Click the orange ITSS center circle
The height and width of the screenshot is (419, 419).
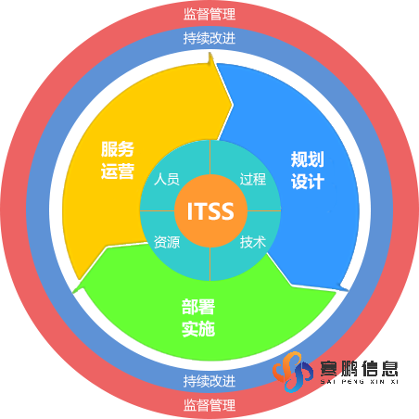click(210, 210)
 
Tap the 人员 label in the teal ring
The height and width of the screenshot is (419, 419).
click(167, 179)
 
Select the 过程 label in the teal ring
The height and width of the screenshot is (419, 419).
click(253, 179)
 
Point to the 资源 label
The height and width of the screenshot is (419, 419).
click(167, 242)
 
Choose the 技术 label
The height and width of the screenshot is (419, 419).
click(253, 242)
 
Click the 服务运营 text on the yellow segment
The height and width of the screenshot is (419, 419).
click(118, 160)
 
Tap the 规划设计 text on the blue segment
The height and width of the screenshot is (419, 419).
click(308, 171)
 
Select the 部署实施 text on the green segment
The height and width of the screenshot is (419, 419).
click(198, 318)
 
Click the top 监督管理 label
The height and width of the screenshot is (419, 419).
click(209, 14)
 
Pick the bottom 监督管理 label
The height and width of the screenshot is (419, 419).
click(209, 405)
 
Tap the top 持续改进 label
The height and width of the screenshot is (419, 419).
click(209, 38)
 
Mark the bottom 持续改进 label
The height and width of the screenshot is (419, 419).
click(209, 381)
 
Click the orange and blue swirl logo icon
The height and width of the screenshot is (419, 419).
click(292, 372)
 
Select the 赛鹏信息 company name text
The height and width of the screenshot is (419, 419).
click(359, 368)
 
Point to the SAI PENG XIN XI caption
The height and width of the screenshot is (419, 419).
click(359, 382)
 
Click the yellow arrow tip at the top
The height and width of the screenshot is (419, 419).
click(210, 54)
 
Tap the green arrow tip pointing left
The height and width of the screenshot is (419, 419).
click(74, 291)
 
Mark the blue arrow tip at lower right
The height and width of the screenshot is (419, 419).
click(348, 290)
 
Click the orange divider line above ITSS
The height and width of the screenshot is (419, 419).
click(210, 158)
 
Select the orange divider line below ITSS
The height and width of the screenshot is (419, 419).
click(210, 264)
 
